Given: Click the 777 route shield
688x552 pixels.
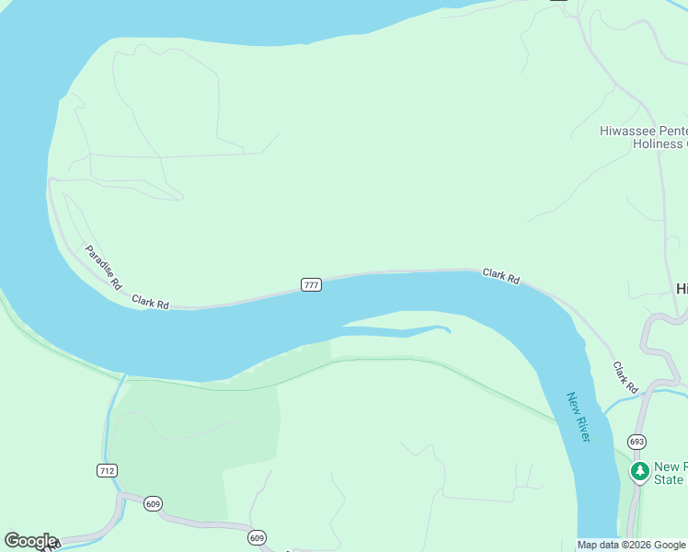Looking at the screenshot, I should (x=311, y=285).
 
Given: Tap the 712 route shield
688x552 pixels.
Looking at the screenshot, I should (x=107, y=470).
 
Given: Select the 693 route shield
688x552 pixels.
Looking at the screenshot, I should (x=637, y=442).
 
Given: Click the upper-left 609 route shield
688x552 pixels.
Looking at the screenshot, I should (x=153, y=503).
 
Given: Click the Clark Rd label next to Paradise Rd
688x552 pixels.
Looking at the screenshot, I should (x=150, y=302).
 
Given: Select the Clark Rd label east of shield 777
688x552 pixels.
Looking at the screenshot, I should (x=501, y=276).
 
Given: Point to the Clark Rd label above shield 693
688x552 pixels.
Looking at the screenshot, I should (x=625, y=378).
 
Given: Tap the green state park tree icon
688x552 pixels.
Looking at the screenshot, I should (x=639, y=471).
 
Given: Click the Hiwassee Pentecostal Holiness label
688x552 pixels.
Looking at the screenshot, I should (x=643, y=137).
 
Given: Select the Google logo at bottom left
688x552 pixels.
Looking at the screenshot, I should (x=30, y=541).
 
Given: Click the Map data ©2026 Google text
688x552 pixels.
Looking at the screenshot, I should (x=632, y=545).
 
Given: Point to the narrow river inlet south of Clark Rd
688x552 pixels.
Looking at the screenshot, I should (x=405, y=331).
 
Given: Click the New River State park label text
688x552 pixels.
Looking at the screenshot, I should (x=669, y=473).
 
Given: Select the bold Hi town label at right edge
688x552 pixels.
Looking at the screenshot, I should (x=682, y=288).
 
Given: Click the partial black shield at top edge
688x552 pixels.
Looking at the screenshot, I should (x=558, y=1).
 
